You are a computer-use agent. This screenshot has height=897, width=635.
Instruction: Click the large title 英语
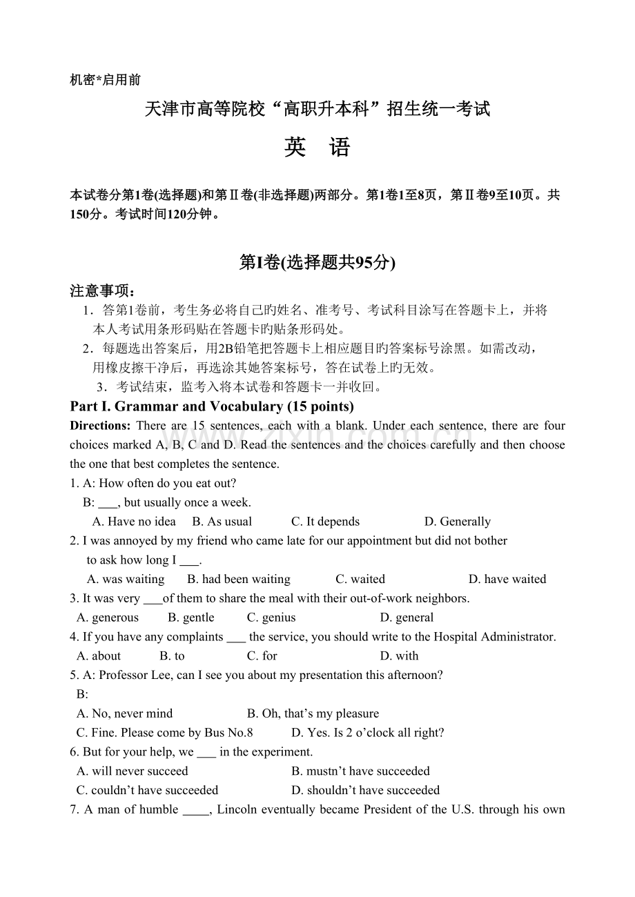tap(317, 148)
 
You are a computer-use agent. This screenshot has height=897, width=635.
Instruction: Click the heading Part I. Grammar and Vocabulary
tap(212, 406)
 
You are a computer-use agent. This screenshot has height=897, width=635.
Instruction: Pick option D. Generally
tap(457, 522)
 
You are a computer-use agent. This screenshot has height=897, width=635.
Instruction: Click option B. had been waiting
tap(239, 579)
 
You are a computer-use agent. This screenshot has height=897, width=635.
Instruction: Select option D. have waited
tap(507, 579)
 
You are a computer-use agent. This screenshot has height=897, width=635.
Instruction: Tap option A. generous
tap(108, 618)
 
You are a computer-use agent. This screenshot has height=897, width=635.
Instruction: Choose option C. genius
tap(271, 618)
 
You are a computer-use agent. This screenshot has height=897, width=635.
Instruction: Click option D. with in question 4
tap(399, 656)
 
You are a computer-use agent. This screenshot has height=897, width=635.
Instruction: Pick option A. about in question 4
tap(99, 656)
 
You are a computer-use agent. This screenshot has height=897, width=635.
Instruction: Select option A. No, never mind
tap(125, 713)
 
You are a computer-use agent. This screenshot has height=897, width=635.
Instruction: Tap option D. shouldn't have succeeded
tap(365, 790)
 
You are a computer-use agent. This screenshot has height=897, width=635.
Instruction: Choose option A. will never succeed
tap(133, 771)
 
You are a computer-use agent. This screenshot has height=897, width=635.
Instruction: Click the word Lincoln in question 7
tap(237, 809)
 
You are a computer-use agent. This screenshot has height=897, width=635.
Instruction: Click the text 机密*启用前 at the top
tap(106, 80)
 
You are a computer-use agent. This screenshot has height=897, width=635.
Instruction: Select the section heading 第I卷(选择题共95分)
tap(317, 262)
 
